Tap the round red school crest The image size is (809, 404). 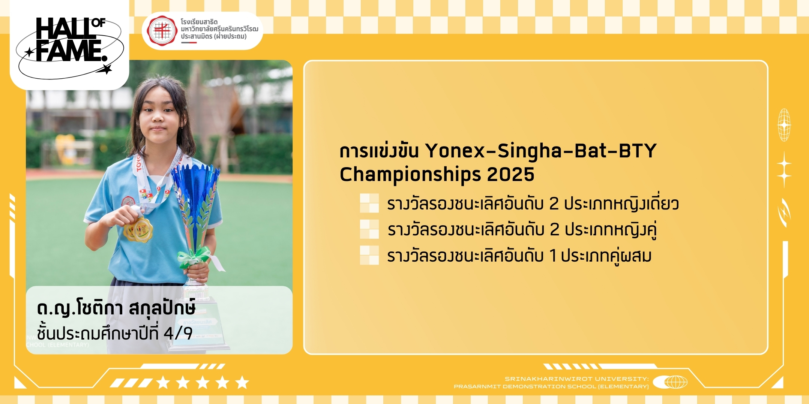pos(162,31)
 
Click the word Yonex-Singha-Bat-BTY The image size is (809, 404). pos(540,151)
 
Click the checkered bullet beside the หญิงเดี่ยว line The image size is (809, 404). pos(369,203)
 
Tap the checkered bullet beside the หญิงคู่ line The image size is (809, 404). pos(369,229)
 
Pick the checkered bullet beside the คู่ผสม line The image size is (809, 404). pos(369,255)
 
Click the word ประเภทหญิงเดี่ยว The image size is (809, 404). pos(621,203)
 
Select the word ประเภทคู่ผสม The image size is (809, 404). pos(606,256)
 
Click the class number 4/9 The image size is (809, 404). pos(178,333)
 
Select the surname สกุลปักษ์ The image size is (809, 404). pos(162,308)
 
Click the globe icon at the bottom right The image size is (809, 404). pos(670,382)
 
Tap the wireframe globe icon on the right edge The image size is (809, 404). pos(784,125)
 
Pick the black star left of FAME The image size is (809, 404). pos(29,52)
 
